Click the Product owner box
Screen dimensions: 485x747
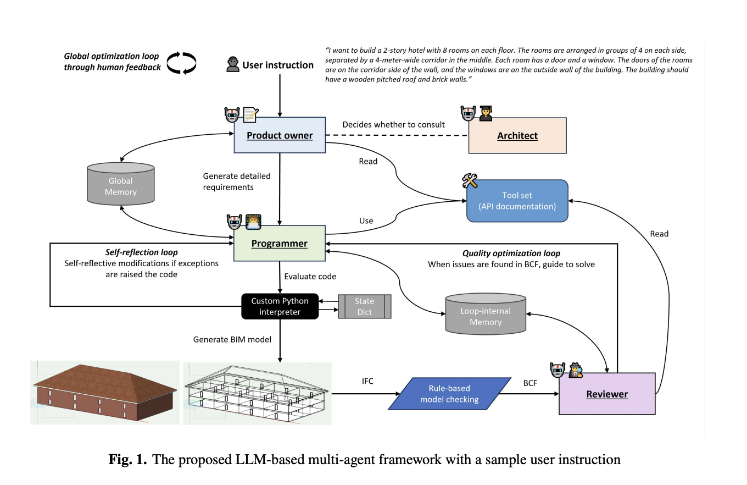(x=280, y=135)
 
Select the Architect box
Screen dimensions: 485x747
(x=517, y=135)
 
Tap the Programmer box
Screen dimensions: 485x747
(x=280, y=243)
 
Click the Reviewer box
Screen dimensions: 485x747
(x=606, y=394)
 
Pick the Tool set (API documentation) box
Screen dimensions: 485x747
(x=517, y=201)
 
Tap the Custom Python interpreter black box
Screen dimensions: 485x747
(x=280, y=306)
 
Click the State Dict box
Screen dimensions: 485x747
(x=364, y=306)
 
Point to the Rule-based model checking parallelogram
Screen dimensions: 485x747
(x=449, y=394)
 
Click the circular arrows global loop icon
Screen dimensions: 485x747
(x=181, y=62)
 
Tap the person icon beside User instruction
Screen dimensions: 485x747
(x=232, y=65)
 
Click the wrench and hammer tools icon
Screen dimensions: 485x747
(x=470, y=180)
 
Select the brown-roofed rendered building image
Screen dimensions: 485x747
(x=104, y=393)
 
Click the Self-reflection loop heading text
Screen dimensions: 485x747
(x=141, y=252)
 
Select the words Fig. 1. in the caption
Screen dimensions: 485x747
(x=127, y=460)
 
